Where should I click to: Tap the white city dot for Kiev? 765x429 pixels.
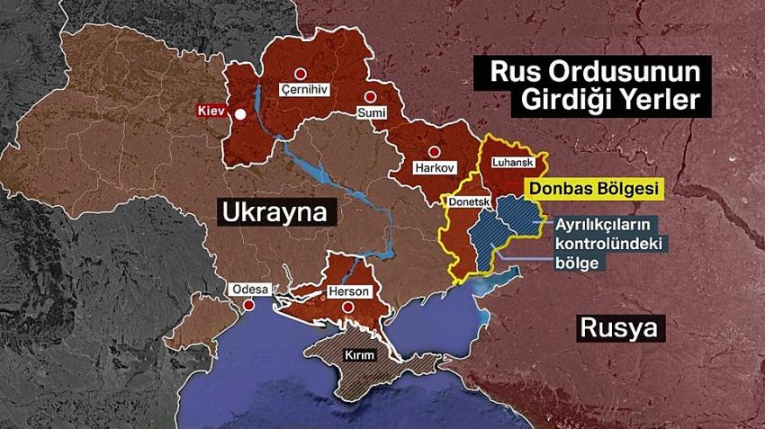(241, 114)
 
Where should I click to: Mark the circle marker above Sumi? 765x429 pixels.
(369, 96)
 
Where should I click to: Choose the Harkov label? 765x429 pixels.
(436, 168)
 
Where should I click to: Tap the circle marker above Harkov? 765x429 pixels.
(435, 151)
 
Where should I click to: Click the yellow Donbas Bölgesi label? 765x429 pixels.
(594, 188)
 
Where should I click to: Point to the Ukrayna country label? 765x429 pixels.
(265, 213)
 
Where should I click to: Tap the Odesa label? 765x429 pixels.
(249, 290)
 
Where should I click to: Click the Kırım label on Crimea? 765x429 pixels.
(358, 356)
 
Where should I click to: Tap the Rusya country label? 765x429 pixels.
(620, 327)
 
